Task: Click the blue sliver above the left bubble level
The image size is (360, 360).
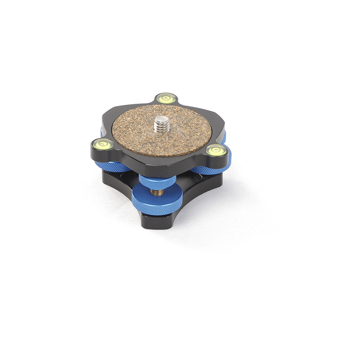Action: [x=103, y=132]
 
